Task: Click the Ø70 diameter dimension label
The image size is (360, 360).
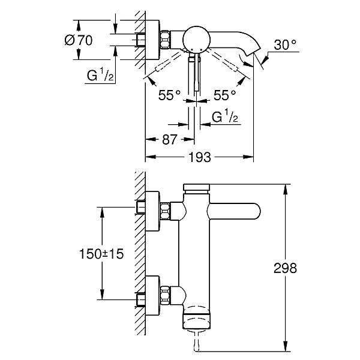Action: tap(79, 40)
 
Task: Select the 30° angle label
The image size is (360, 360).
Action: tap(285, 44)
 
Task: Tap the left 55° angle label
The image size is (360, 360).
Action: tap(169, 95)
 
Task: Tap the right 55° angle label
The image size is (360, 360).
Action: tap(225, 95)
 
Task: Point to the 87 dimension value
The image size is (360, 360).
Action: tap(170, 139)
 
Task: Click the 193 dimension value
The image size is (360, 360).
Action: tap(199, 157)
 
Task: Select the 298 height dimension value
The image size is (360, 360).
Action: tap(285, 268)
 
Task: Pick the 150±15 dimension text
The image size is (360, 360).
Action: tap(101, 254)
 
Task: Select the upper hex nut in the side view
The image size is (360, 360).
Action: tap(166, 211)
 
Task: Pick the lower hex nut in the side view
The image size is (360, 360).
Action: tap(166, 295)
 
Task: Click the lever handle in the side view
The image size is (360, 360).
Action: tap(234, 211)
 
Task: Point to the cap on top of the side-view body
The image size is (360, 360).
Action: tap(197, 187)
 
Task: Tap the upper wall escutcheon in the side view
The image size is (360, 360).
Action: tap(152, 211)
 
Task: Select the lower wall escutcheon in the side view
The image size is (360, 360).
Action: tap(152, 295)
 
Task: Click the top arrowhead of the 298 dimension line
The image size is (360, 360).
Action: tap(286, 188)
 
